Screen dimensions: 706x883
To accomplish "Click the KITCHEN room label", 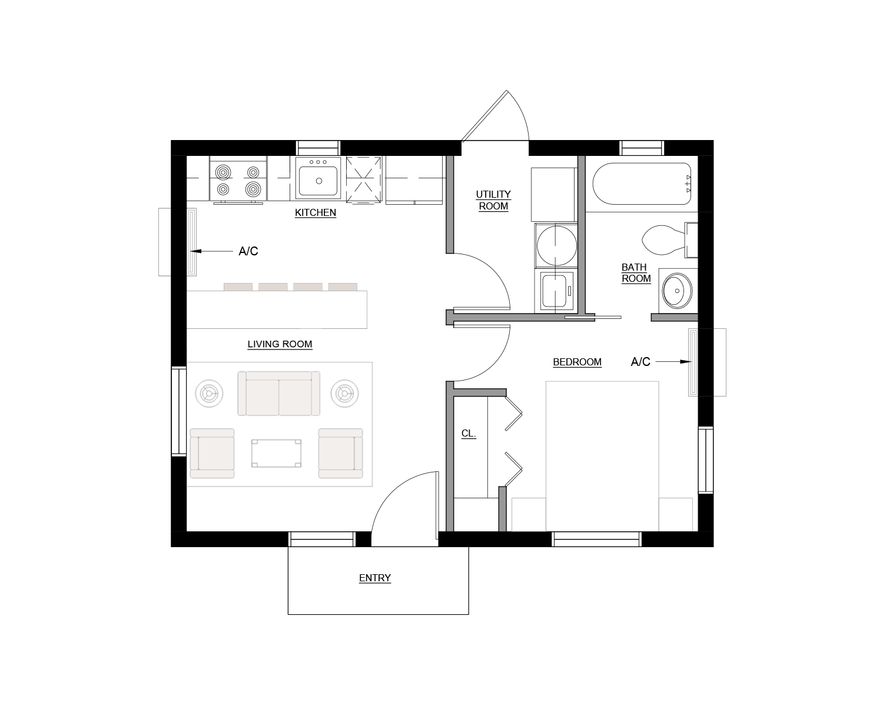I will click(x=316, y=212).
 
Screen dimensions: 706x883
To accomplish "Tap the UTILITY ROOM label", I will click(x=493, y=200).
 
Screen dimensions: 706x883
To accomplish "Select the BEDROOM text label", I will click(x=577, y=362).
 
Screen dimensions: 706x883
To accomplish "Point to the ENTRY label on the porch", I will click(x=375, y=578).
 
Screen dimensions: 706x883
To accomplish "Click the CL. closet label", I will click(x=469, y=434).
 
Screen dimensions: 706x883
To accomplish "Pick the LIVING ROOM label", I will click(x=280, y=344).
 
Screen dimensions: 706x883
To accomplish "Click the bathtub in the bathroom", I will click(x=641, y=183).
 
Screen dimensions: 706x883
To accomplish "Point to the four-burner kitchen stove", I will click(x=238, y=180).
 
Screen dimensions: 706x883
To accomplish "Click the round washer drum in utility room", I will click(x=556, y=245).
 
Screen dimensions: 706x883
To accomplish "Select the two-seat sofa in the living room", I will click(x=278, y=394).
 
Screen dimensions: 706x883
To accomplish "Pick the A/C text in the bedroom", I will click(x=640, y=362).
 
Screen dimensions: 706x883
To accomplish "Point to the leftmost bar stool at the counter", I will click(x=238, y=287).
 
